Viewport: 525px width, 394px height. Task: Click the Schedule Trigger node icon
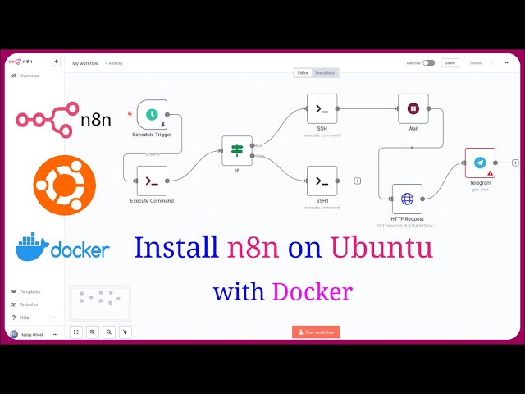(152, 115)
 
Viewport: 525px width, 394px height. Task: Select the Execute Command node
(152, 181)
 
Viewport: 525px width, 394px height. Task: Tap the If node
(237, 150)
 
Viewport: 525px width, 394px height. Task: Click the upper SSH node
(322, 108)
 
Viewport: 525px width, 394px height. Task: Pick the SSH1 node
(322, 181)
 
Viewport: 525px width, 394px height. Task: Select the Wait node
(413, 108)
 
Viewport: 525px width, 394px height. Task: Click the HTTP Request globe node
(407, 199)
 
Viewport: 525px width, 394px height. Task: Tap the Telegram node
(480, 163)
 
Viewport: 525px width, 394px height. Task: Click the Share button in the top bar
(450, 62)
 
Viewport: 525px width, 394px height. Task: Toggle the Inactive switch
(428, 62)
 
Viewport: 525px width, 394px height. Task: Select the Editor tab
(303, 73)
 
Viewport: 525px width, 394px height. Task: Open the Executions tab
(326, 73)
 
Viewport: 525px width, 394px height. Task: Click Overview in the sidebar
(29, 76)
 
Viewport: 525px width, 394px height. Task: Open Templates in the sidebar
(30, 291)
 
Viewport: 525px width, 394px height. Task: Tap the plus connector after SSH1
(357, 181)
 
